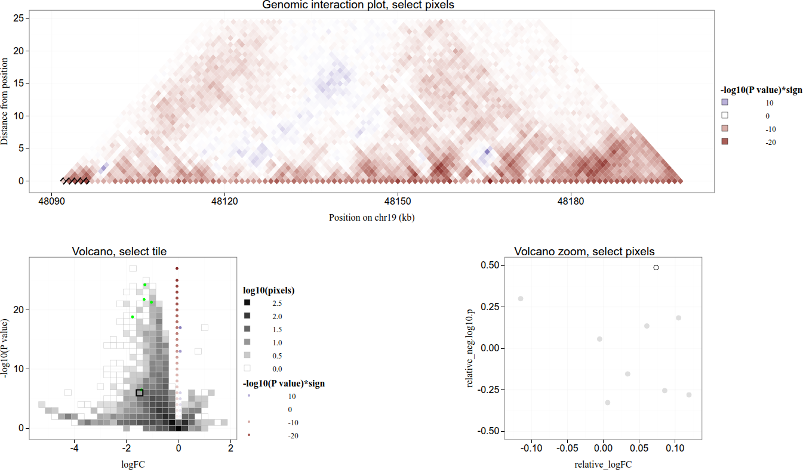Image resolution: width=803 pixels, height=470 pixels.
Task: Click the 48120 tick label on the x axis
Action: pyautogui.click(x=225, y=202)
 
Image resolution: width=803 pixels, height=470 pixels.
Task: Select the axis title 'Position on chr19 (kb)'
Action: pyautogui.click(x=371, y=218)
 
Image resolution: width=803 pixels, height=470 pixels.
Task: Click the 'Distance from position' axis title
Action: pyautogui.click(x=5, y=101)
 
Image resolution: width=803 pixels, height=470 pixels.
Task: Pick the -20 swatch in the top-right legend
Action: pyautogui.click(x=725, y=142)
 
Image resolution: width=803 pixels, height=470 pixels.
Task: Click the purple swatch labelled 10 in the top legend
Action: pyautogui.click(x=725, y=103)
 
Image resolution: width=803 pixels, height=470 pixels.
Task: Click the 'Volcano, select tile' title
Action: pyautogui.click(x=119, y=252)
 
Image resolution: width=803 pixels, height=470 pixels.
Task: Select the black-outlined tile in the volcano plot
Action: pyautogui.click(x=140, y=392)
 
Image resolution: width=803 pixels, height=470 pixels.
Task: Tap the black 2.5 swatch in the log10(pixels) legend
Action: pyautogui.click(x=247, y=303)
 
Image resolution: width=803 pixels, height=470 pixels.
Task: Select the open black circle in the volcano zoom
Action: pyautogui.click(x=656, y=268)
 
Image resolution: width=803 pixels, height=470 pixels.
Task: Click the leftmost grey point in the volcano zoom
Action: pyautogui.click(x=521, y=298)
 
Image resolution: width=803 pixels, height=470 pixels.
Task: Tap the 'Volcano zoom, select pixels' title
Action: pyautogui.click(x=584, y=252)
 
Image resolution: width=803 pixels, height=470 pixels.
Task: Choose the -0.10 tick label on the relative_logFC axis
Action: pyautogui.click(x=531, y=447)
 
